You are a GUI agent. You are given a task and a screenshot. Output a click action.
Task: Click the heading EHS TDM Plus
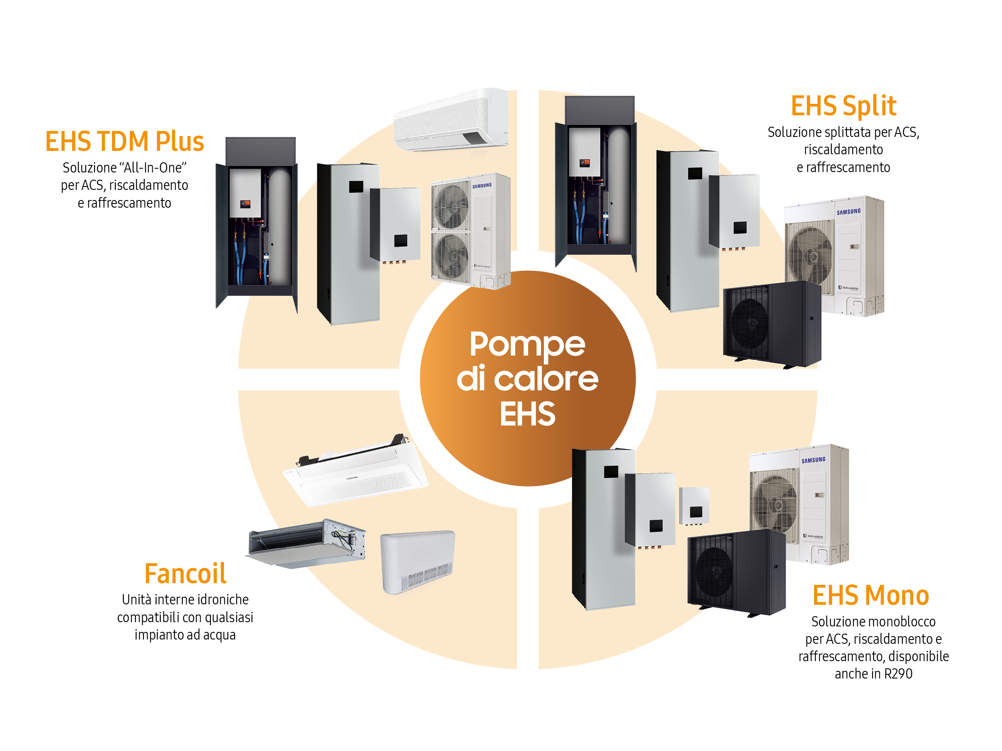click(x=125, y=142)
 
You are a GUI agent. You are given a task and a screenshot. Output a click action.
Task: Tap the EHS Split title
click(x=843, y=106)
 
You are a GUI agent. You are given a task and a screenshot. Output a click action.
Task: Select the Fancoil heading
click(x=185, y=574)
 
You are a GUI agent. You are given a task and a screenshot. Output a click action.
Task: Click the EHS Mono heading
click(x=870, y=595)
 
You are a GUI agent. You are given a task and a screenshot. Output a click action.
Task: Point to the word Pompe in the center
click(x=527, y=345)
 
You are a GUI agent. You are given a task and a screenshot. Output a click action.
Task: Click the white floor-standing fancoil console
click(x=417, y=561)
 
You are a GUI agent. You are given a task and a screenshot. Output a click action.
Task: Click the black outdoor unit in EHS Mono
click(x=736, y=573)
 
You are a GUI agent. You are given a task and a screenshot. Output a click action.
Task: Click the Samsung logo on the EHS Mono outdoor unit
click(x=813, y=460)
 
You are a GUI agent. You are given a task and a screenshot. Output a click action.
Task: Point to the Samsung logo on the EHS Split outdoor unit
click(x=848, y=212)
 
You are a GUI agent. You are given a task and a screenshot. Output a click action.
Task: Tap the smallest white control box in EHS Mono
click(x=694, y=506)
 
